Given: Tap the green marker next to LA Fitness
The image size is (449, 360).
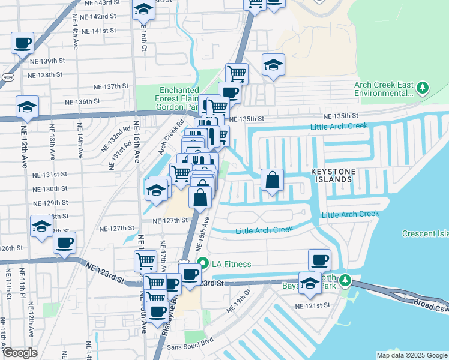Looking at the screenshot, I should [203, 263].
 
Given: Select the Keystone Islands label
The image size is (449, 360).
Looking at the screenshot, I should [331, 175].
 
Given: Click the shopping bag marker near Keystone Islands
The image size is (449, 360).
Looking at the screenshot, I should [273, 180].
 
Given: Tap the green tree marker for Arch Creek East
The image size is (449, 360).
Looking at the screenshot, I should [423, 88].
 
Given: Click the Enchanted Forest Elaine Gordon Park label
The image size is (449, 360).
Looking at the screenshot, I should [167, 98].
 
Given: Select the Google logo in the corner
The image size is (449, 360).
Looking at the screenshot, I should [20, 353].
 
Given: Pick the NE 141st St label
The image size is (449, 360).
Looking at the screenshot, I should [100, 31].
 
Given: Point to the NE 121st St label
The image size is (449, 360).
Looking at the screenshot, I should [312, 305].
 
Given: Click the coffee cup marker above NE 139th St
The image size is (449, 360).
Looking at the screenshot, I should [22, 43].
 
